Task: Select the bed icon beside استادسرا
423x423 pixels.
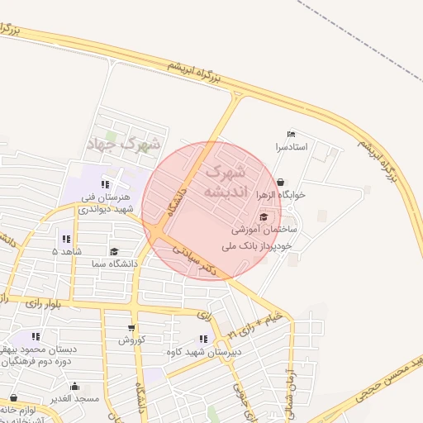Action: click(x=289, y=134)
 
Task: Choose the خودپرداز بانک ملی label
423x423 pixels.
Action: click(x=259, y=245)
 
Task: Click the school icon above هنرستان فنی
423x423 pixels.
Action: click(x=104, y=184)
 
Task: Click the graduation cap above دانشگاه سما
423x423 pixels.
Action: click(x=114, y=251)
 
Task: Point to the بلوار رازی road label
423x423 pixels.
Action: click(x=43, y=305)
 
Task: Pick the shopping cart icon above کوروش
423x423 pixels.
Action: click(x=131, y=327)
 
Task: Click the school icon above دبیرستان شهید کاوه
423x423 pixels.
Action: click(x=204, y=339)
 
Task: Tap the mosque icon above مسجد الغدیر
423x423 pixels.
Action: click(x=75, y=386)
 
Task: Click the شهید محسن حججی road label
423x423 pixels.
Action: click(x=387, y=379)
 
